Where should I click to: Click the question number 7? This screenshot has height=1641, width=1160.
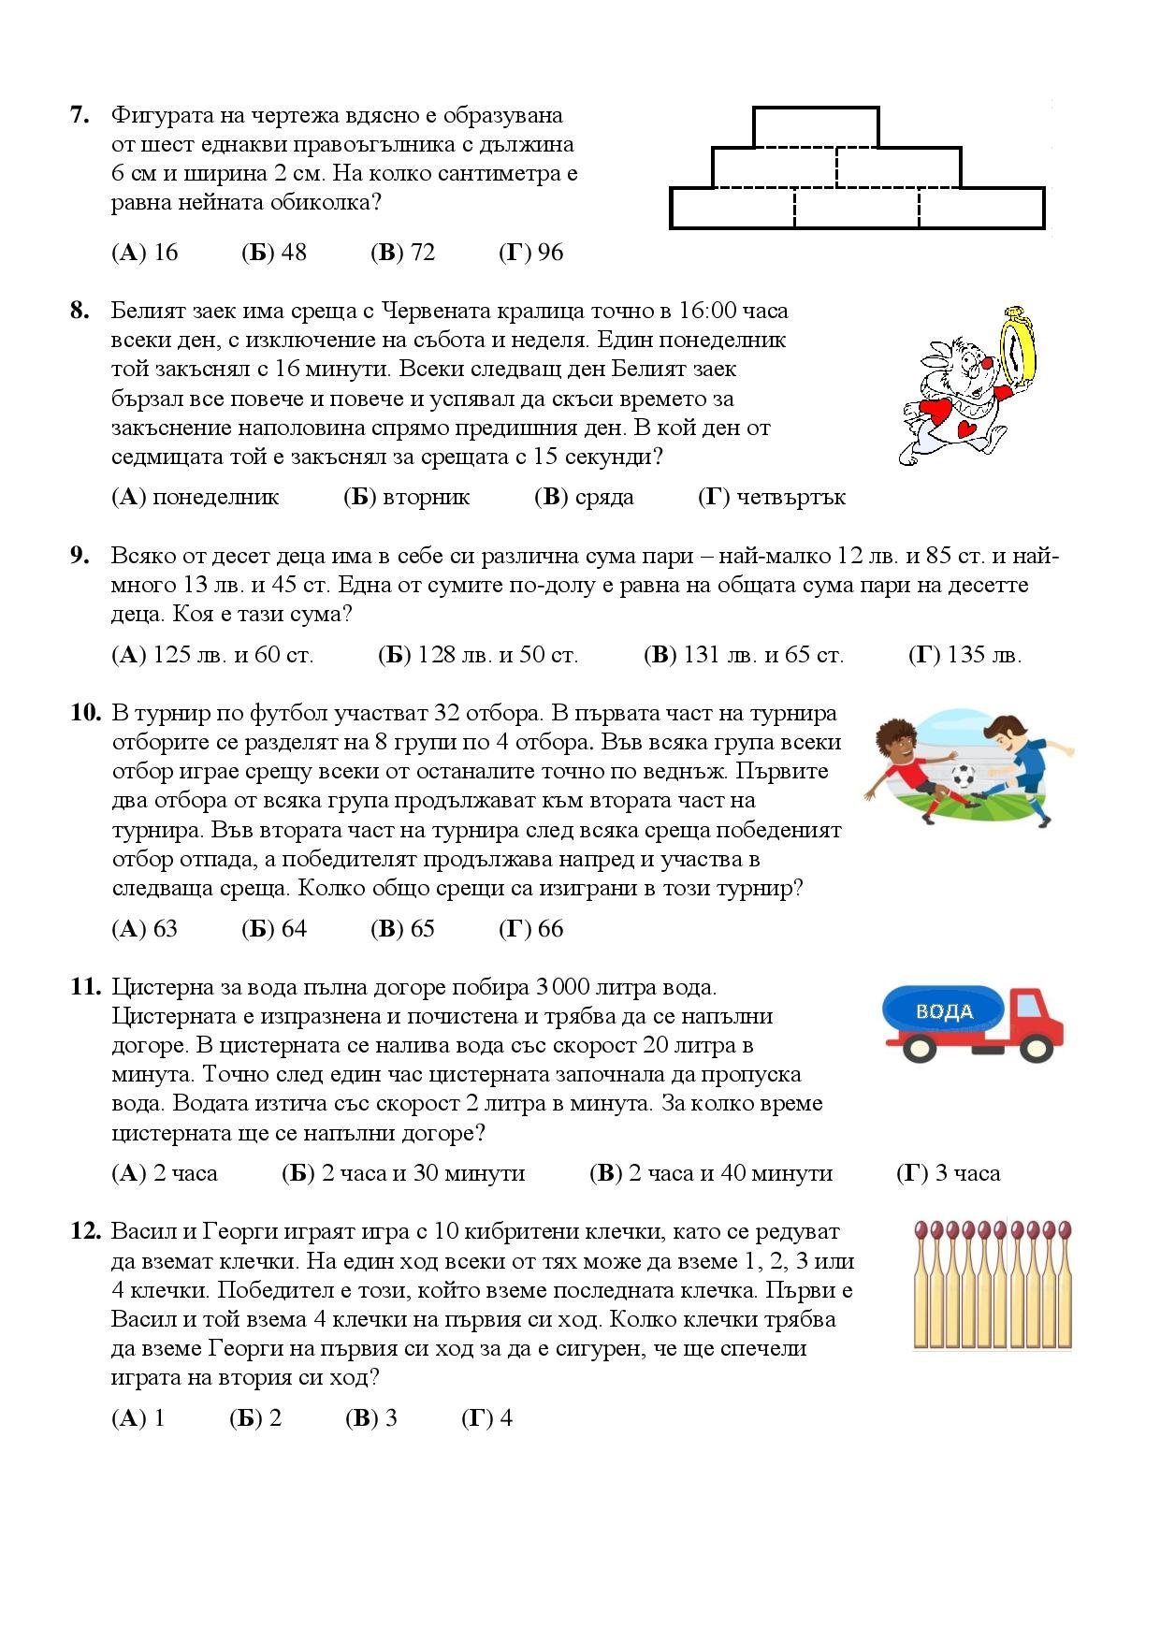(x=80, y=115)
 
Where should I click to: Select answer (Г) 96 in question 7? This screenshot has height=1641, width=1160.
(x=531, y=252)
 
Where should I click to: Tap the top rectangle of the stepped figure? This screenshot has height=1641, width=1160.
(x=815, y=127)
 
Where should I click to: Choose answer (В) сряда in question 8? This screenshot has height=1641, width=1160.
(x=584, y=497)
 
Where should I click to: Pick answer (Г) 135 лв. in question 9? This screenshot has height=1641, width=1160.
(x=964, y=654)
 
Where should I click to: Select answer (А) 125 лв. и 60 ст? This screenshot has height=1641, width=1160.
(x=212, y=654)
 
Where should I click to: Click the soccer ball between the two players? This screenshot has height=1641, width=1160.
(x=962, y=777)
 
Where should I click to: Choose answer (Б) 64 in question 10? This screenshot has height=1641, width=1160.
(x=274, y=928)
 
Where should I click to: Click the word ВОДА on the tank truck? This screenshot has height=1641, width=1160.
(x=944, y=1011)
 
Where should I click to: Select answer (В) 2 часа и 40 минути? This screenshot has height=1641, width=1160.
(x=711, y=1172)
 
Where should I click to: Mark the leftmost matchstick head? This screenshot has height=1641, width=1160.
(x=922, y=1229)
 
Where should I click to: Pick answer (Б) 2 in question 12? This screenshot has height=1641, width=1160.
(x=255, y=1417)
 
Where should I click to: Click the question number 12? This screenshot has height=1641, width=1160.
(x=85, y=1231)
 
